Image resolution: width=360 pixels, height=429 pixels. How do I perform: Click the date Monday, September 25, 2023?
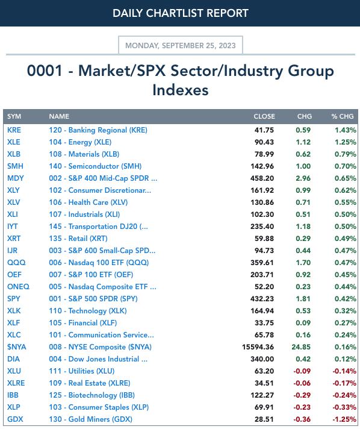[181, 45]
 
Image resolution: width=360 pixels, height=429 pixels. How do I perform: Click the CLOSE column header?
[264, 116]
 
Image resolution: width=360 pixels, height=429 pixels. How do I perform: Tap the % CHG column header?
[343, 116]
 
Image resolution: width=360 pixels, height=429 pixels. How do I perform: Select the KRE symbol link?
[14, 130]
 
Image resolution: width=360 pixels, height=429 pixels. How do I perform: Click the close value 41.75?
[264, 130]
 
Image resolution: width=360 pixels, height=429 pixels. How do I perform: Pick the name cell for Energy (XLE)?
[80, 142]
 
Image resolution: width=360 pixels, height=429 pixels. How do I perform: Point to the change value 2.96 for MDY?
[303, 178]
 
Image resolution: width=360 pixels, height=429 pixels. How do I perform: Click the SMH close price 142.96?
[262, 166]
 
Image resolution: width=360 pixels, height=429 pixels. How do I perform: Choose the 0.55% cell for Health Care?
[346, 202]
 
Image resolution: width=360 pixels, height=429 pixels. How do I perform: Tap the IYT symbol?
[13, 227]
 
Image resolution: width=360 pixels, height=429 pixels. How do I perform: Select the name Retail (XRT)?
[78, 239]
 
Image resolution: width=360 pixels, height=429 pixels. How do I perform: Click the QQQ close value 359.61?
[262, 262]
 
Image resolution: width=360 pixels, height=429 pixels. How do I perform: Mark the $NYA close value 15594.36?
[258, 347]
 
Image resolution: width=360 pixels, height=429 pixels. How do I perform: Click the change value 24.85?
[301, 347]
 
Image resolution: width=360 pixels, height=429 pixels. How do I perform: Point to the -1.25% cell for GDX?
[344, 419]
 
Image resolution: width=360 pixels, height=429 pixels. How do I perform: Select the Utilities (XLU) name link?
[82, 371]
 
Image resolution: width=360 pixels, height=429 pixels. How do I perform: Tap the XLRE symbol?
[16, 383]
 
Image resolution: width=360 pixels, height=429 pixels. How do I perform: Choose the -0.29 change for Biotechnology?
[302, 395]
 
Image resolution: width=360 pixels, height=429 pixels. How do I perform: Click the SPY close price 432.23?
[262, 298]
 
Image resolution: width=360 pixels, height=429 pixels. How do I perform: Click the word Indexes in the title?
[181, 90]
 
